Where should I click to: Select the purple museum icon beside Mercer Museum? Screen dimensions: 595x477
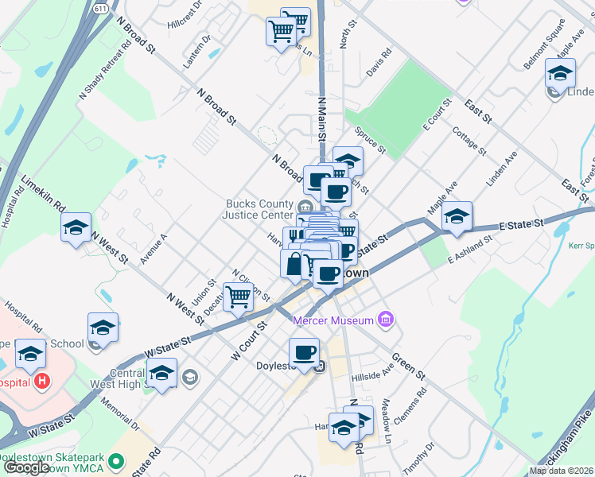[386, 320]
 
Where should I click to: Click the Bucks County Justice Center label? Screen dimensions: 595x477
[259, 209]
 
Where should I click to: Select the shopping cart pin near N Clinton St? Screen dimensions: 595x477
[239, 298]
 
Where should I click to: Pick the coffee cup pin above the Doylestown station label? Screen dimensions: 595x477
[303, 351]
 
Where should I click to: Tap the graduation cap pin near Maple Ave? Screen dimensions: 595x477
[457, 216]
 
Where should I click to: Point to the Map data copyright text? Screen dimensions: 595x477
[560, 471]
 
